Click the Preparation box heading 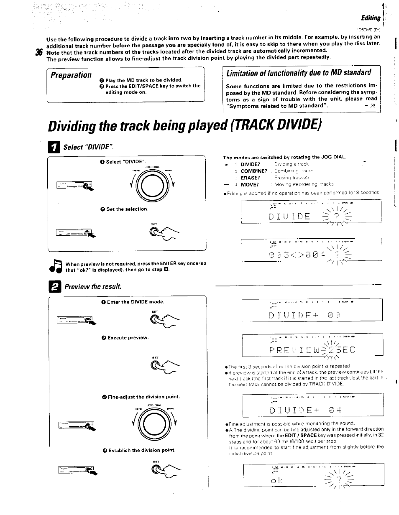coord(71,75)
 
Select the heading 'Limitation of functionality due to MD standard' coord(299,73)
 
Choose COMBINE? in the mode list coord(254,171)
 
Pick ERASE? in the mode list coord(251,178)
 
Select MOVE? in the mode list coord(250,184)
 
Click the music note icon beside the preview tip coord(56,266)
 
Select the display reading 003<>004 coord(311,250)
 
